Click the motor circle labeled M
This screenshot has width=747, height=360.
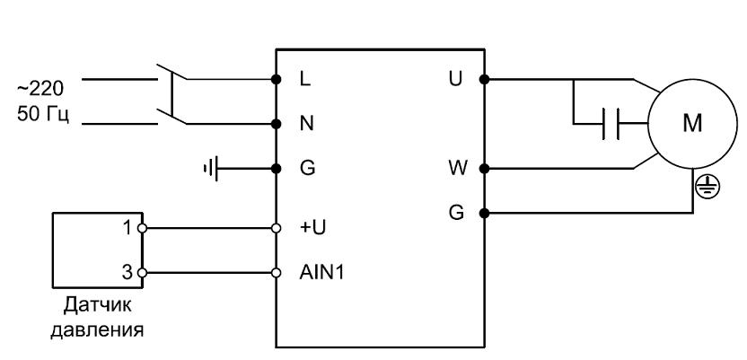pos(687,123)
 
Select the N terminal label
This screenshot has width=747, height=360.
pos(305,123)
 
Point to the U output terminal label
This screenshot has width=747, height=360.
pos(456,79)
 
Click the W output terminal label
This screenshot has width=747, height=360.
pos(456,168)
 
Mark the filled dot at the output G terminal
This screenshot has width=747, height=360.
pos(485,213)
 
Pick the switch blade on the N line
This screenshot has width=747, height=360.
pos(171,115)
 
